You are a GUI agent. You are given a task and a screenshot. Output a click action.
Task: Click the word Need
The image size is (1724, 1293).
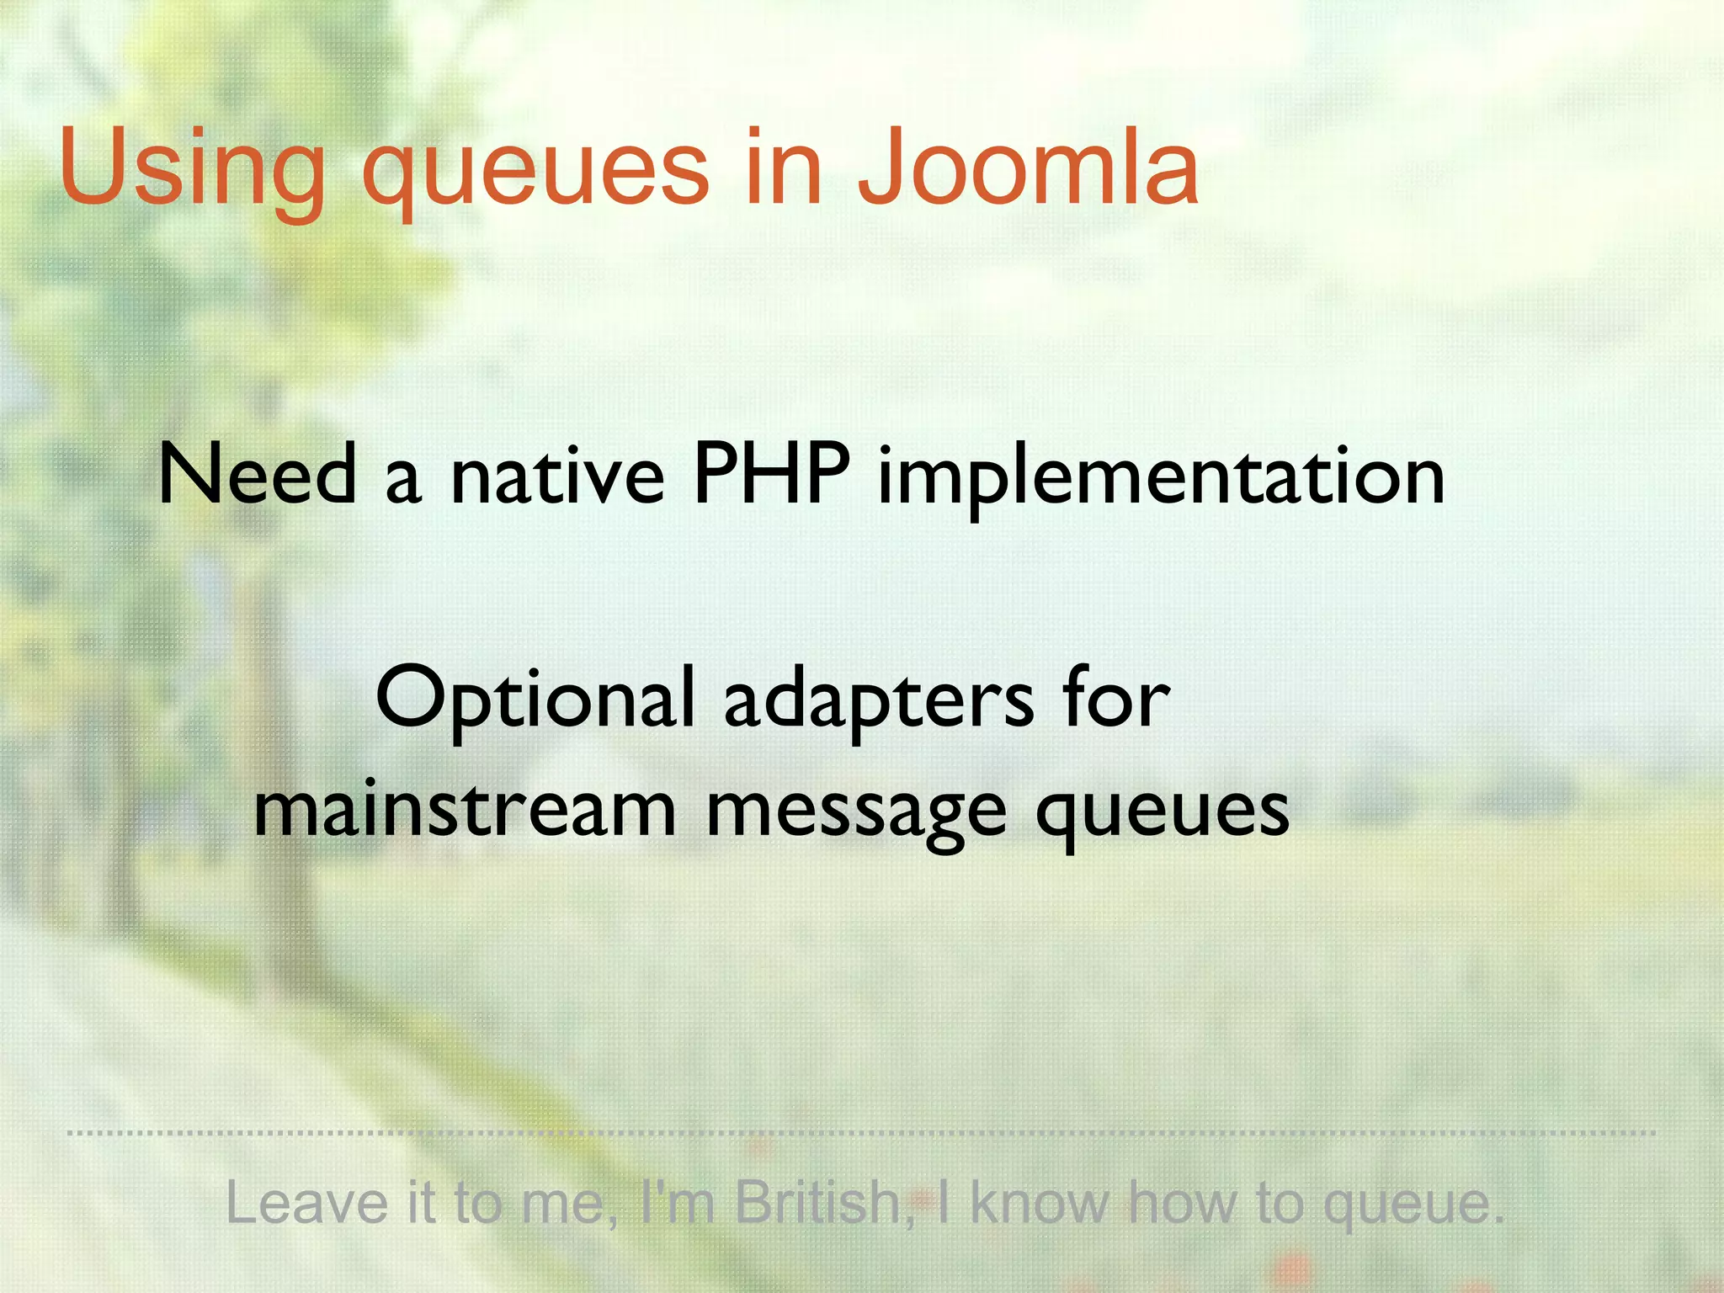pyautogui.click(x=258, y=475)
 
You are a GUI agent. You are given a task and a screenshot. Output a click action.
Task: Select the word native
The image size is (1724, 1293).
pyautogui.click(x=557, y=476)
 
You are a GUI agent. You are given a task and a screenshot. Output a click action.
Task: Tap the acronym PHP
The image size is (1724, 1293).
pyautogui.click(x=770, y=475)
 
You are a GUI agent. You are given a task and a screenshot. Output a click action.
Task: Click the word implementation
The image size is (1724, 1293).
pyautogui.click(x=1161, y=478)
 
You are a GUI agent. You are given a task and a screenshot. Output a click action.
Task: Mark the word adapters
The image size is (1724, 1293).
pyautogui.click(x=878, y=702)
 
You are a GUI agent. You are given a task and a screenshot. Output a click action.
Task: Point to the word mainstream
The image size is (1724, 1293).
pyautogui.click(x=465, y=810)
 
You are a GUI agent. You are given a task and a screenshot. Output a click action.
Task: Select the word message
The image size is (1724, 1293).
pyautogui.click(x=855, y=815)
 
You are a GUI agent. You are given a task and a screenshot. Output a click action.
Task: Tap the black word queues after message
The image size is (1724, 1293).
pyautogui.click(x=1162, y=815)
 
